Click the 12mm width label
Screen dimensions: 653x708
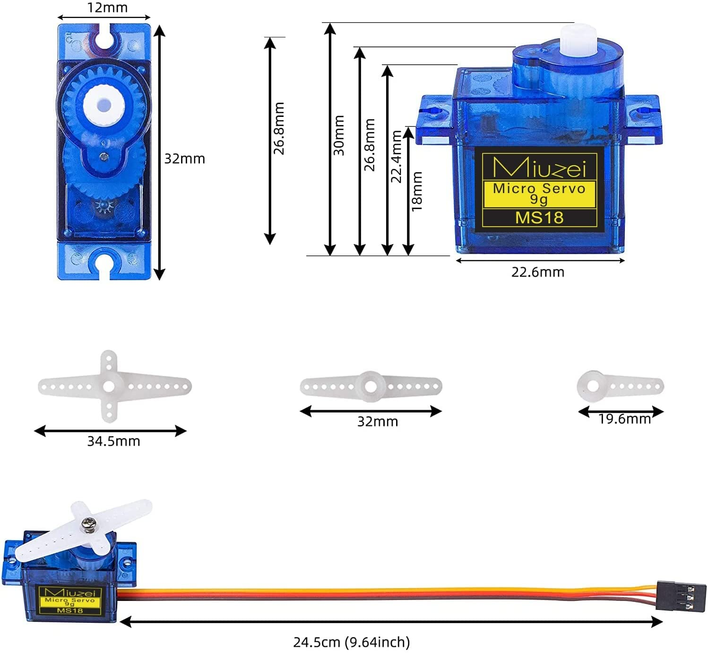click(x=107, y=8)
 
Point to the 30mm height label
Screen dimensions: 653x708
click(x=339, y=135)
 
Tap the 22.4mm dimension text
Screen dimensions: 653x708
click(x=396, y=156)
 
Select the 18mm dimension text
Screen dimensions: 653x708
click(x=416, y=191)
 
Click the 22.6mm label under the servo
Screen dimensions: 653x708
click(x=537, y=272)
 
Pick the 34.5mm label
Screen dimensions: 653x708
click(x=113, y=441)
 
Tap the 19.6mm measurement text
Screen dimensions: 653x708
click(x=624, y=419)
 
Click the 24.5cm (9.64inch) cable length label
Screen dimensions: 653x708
click(x=352, y=642)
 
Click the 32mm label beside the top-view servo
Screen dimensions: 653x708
click(x=184, y=159)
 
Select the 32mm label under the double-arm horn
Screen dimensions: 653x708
click(x=377, y=421)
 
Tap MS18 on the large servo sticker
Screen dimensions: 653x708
click(x=539, y=218)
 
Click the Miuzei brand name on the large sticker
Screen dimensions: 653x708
click(x=539, y=167)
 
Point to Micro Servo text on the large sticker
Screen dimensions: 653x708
click(x=539, y=188)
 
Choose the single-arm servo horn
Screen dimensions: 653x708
click(x=619, y=386)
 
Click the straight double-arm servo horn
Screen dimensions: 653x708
click(x=371, y=387)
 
